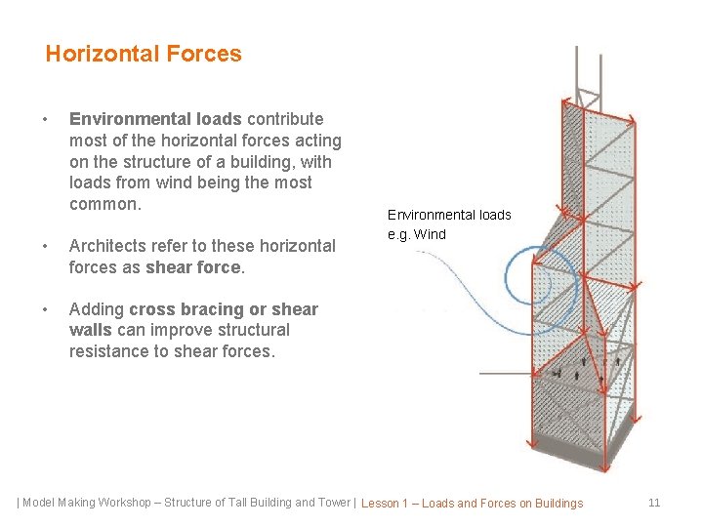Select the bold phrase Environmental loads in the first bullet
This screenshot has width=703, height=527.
(155, 119)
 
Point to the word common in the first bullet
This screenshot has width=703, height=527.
(103, 204)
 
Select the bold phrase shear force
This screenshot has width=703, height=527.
(192, 267)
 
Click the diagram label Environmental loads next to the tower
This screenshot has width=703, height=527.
(449, 215)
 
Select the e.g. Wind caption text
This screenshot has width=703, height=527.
(417, 234)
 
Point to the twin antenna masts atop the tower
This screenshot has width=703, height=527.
(589, 68)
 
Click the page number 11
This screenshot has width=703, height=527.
(654, 503)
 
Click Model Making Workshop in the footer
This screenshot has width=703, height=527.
(88, 503)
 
